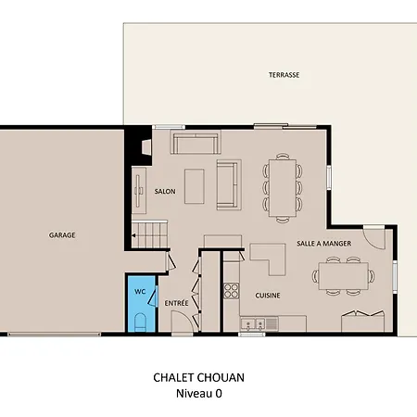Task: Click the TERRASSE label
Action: pyautogui.click(x=284, y=75)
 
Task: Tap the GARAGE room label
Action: pyautogui.click(x=62, y=235)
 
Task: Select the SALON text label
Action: pyautogui.click(x=165, y=192)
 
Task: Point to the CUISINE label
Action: pyautogui.click(x=268, y=296)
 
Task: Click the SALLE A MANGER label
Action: pyautogui.click(x=324, y=244)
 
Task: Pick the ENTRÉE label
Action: pyautogui.click(x=176, y=303)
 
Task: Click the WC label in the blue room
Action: pyautogui.click(x=140, y=292)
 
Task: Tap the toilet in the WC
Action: pyautogui.click(x=140, y=322)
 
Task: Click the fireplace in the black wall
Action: pyautogui.click(x=146, y=147)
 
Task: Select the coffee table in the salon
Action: pyautogui.click(x=195, y=186)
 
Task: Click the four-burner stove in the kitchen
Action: pyautogui.click(x=232, y=291)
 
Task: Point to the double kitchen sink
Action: pyautogui.click(x=253, y=324)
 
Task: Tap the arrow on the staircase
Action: pyautogui.click(x=134, y=235)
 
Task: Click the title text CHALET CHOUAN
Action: pyautogui.click(x=199, y=378)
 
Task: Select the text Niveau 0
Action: pyautogui.click(x=199, y=394)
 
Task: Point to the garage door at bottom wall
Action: pyautogui.click(x=55, y=335)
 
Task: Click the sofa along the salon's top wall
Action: pyautogui.click(x=196, y=143)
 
